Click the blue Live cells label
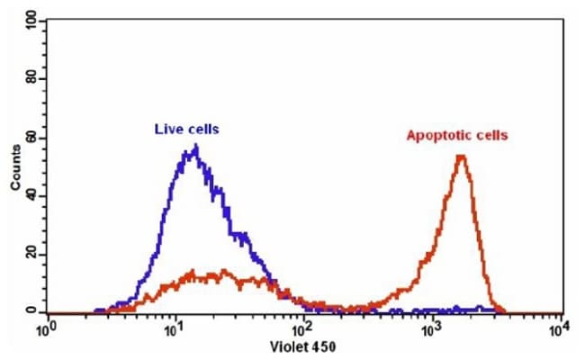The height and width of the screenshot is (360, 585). pos(186,130)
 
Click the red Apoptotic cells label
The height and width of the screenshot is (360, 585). pos(457,136)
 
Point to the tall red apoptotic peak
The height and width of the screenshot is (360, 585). pos(462,157)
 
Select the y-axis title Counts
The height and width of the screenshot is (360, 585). pos(15,167)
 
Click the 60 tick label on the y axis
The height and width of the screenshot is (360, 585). pos(32,138)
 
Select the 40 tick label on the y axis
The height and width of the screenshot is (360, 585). pos(32,195)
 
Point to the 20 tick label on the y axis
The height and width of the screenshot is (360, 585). pos(32,254)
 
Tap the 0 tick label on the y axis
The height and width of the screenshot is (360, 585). pos(32,311)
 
